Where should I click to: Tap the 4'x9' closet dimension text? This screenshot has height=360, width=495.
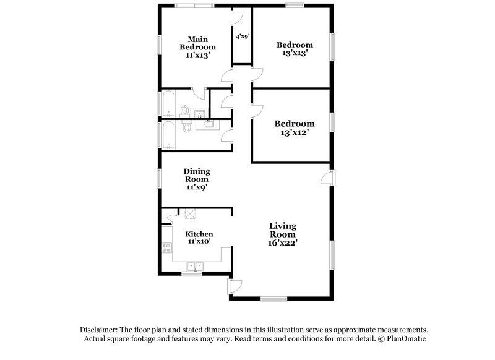coord(241,36)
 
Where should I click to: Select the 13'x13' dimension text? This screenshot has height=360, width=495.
coord(295,54)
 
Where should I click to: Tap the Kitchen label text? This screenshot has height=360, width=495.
coord(199,234)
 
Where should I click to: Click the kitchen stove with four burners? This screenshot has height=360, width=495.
coord(166,249)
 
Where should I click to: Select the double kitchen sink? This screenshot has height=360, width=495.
coord(196,267)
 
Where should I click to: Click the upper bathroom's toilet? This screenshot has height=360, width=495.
coord(184,111)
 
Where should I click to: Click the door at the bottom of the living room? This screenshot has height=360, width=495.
coord(235,286)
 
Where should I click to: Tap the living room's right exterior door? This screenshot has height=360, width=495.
coord(325,178)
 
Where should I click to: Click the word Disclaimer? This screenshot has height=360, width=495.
coord(100,330)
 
